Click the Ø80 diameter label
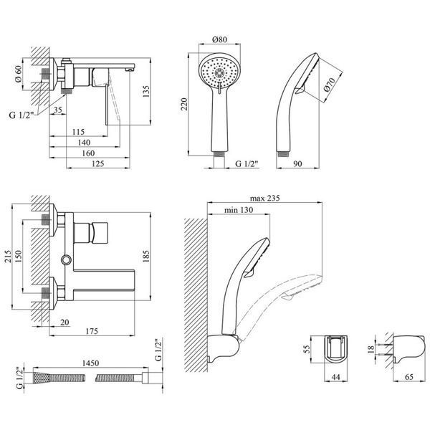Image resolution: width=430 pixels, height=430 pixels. [220, 39]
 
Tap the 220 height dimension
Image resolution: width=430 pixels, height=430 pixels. [184, 104]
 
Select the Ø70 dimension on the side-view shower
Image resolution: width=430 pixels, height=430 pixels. [329, 85]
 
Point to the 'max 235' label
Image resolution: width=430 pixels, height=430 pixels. [264, 198]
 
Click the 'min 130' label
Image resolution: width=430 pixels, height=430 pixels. [239, 210]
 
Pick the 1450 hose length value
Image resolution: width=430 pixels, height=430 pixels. [90, 363]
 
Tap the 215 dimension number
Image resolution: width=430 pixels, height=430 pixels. [8, 256]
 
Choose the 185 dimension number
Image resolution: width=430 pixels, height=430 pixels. [146, 256]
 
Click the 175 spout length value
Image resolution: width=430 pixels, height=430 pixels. [92, 331]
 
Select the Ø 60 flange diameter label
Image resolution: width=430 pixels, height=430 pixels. [18, 74]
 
